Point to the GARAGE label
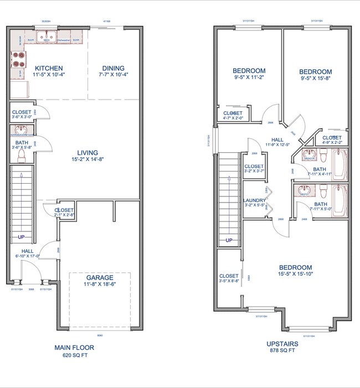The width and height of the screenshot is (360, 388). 100,277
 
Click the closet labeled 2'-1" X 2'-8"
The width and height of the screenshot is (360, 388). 64,210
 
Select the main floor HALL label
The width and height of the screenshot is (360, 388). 27,251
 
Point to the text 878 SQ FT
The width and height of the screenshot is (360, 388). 282,350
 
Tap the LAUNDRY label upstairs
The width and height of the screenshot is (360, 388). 254,200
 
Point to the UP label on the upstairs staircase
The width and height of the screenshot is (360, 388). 228,240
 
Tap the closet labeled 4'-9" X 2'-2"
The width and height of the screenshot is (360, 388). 332,138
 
